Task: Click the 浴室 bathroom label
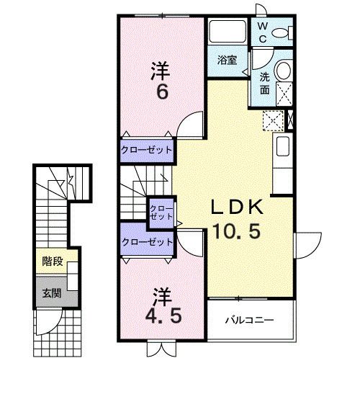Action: [227, 61]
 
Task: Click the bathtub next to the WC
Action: [228, 32]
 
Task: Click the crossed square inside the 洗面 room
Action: [285, 92]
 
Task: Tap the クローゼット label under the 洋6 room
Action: [147, 150]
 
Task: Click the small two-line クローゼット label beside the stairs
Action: [161, 212]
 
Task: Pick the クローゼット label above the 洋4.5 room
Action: [147, 242]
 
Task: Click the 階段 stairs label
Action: [51, 261]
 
